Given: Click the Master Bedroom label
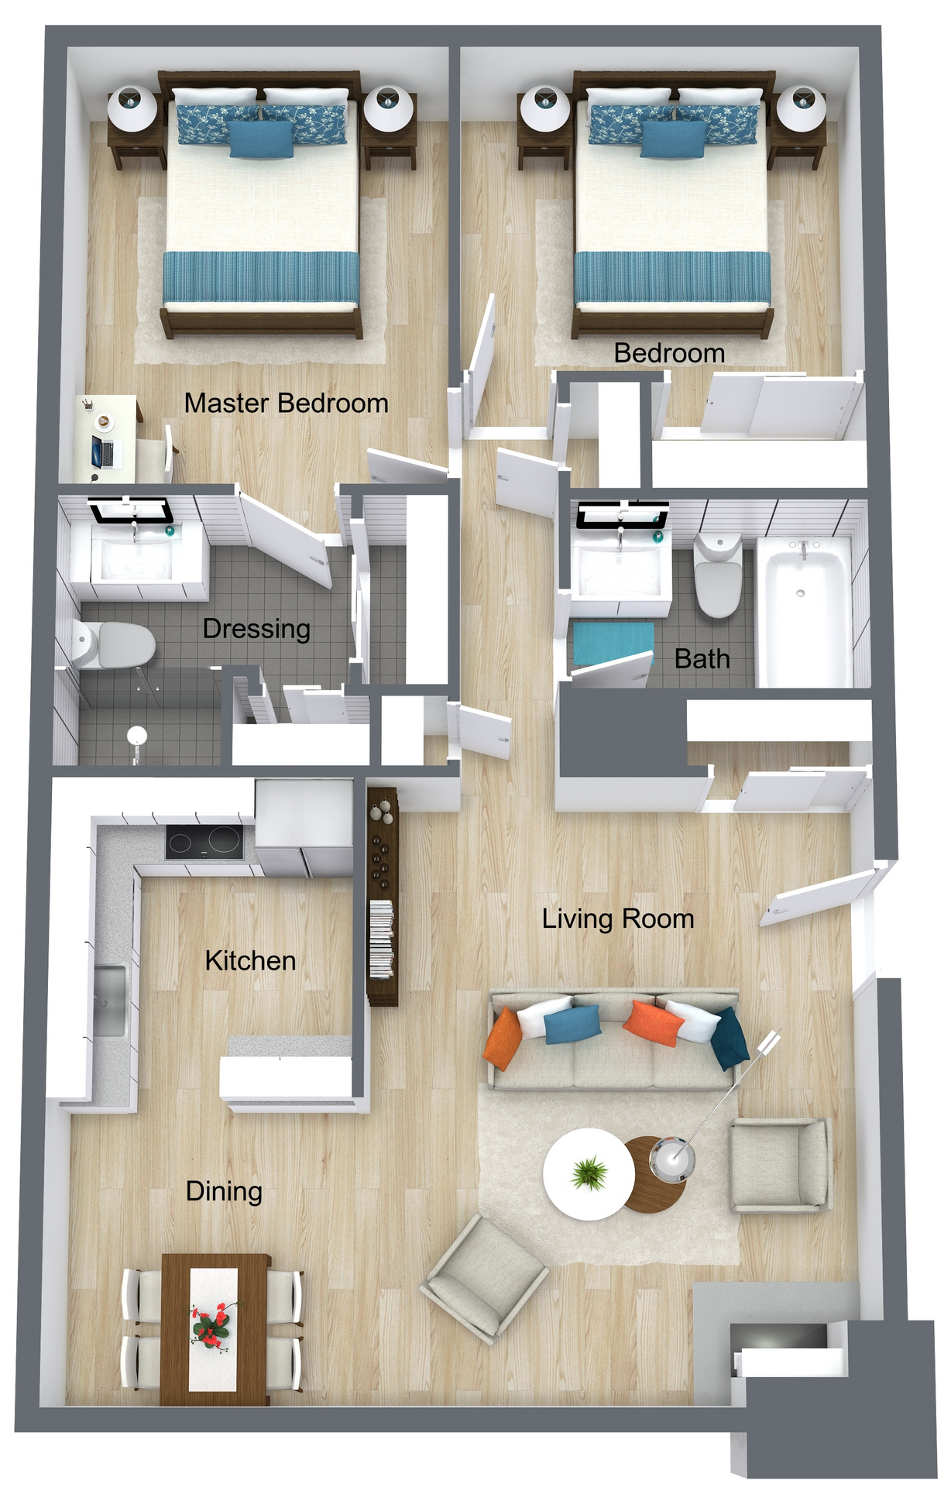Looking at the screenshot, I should tap(286, 404).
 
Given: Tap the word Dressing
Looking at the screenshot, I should tap(256, 628).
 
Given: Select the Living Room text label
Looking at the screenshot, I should tap(617, 919).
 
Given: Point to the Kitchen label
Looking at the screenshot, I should tap(250, 960).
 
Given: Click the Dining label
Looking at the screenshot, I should tap(224, 1190).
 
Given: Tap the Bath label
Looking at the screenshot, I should tap(702, 658).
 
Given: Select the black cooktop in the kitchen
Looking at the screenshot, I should tap(204, 842).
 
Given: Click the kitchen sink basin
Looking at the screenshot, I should tap(109, 998).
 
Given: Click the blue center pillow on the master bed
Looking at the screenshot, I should tap(262, 139).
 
